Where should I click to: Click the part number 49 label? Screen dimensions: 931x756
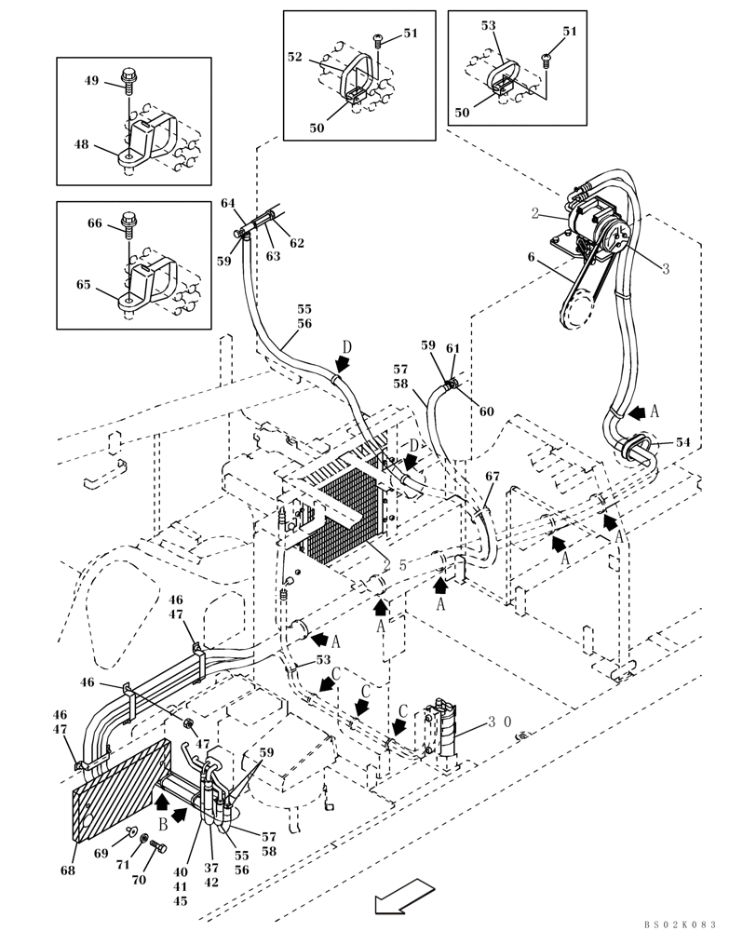click(91, 81)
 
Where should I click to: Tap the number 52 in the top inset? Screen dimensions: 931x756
click(295, 57)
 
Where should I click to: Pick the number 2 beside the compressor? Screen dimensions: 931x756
click(535, 213)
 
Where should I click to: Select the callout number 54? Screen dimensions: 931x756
click(683, 442)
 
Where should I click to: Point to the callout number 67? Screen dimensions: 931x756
click(493, 477)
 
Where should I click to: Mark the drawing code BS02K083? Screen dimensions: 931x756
click(679, 924)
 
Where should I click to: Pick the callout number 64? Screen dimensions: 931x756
click(227, 203)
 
